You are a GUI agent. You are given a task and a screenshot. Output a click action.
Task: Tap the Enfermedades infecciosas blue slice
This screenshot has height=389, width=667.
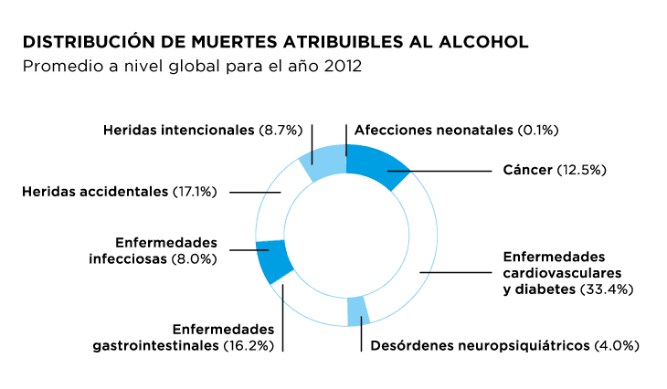click(x=274, y=260)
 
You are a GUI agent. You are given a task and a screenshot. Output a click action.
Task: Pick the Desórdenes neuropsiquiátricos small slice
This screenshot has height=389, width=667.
click(x=358, y=310)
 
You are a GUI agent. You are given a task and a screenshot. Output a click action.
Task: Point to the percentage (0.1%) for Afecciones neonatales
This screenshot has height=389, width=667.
click(x=537, y=131)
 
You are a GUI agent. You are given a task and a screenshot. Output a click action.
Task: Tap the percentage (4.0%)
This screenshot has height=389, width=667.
click(x=617, y=346)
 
